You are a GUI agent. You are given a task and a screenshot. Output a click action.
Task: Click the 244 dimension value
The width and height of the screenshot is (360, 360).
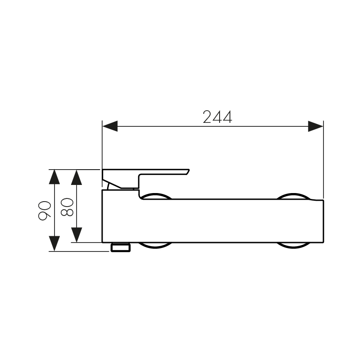coord(217,117)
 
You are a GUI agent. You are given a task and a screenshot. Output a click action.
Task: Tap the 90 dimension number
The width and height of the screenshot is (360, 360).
coord(45,210)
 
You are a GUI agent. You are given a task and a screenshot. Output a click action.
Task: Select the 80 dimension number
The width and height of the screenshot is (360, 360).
coord(67,207)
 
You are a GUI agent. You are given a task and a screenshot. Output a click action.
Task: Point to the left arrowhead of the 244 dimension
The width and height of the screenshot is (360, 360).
coord(110,126)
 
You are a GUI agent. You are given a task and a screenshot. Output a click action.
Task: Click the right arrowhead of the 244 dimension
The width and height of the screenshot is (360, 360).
coord(315,126)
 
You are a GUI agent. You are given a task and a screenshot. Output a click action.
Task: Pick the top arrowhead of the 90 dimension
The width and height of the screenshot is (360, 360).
coord(54,177)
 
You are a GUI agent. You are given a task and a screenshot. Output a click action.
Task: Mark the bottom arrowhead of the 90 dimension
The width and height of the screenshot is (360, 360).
coord(54,243)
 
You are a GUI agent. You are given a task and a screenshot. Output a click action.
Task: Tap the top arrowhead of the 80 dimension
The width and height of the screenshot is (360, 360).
coord(77,177)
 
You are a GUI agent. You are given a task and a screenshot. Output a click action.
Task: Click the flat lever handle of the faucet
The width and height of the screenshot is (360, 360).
coord(148,173)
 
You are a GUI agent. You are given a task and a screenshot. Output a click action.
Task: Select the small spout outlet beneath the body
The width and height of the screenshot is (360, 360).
coord(120,247)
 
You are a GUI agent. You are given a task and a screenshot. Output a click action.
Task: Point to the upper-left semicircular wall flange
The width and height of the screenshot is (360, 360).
coord(155,196)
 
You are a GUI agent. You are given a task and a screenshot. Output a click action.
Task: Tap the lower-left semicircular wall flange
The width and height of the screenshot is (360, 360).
coord(155,245)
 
